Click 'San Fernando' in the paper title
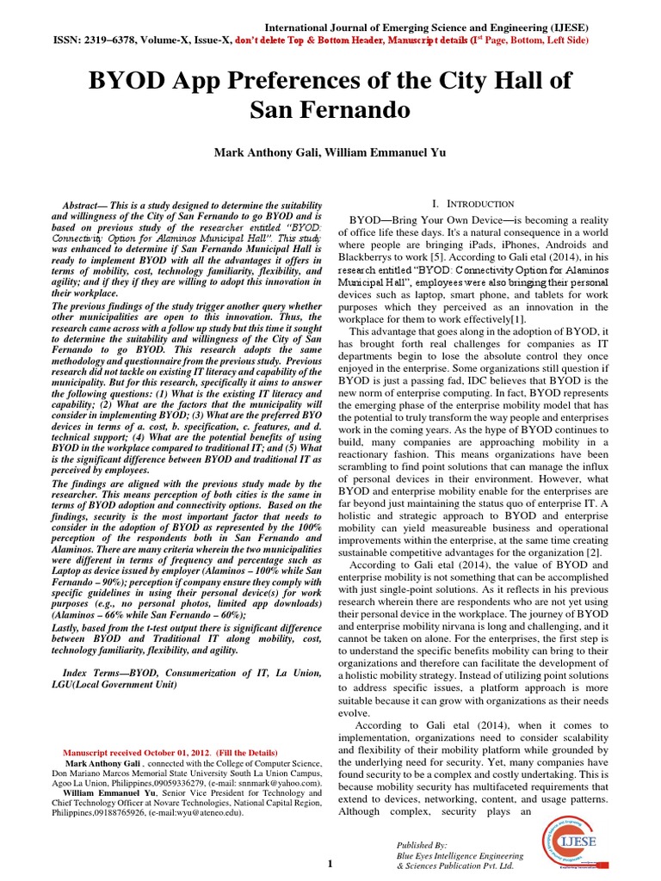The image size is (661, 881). point(330,111)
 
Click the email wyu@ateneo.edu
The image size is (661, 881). point(198,813)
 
